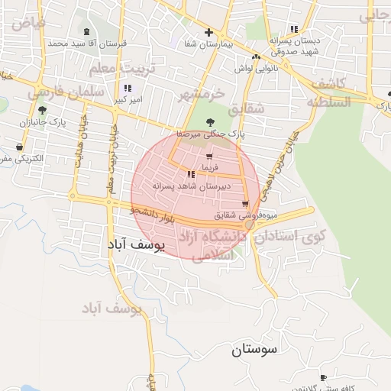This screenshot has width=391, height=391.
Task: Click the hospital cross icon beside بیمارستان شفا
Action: click(x=208, y=32)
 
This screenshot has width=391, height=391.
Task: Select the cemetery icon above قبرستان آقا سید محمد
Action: click(x=86, y=32)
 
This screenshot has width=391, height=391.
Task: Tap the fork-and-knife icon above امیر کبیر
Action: click(x=127, y=88)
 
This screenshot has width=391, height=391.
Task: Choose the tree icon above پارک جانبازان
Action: click(x=43, y=110)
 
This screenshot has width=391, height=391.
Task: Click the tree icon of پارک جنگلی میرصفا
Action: click(x=211, y=121)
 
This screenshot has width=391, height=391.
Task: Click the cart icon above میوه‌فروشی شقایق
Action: click(x=244, y=203)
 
